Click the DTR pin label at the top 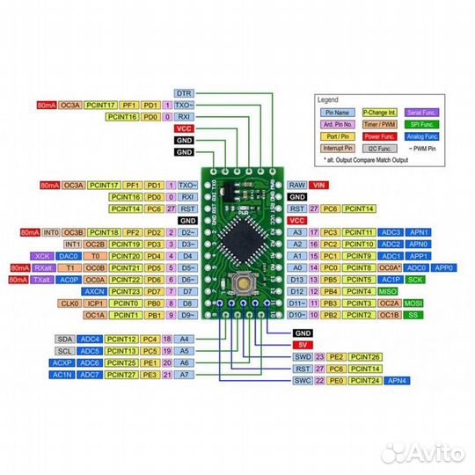point(184,92)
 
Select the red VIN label point(319,186)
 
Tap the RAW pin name point(296,186)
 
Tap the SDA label point(64,339)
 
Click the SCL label point(64,350)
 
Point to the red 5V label point(303,345)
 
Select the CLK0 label point(70,302)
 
